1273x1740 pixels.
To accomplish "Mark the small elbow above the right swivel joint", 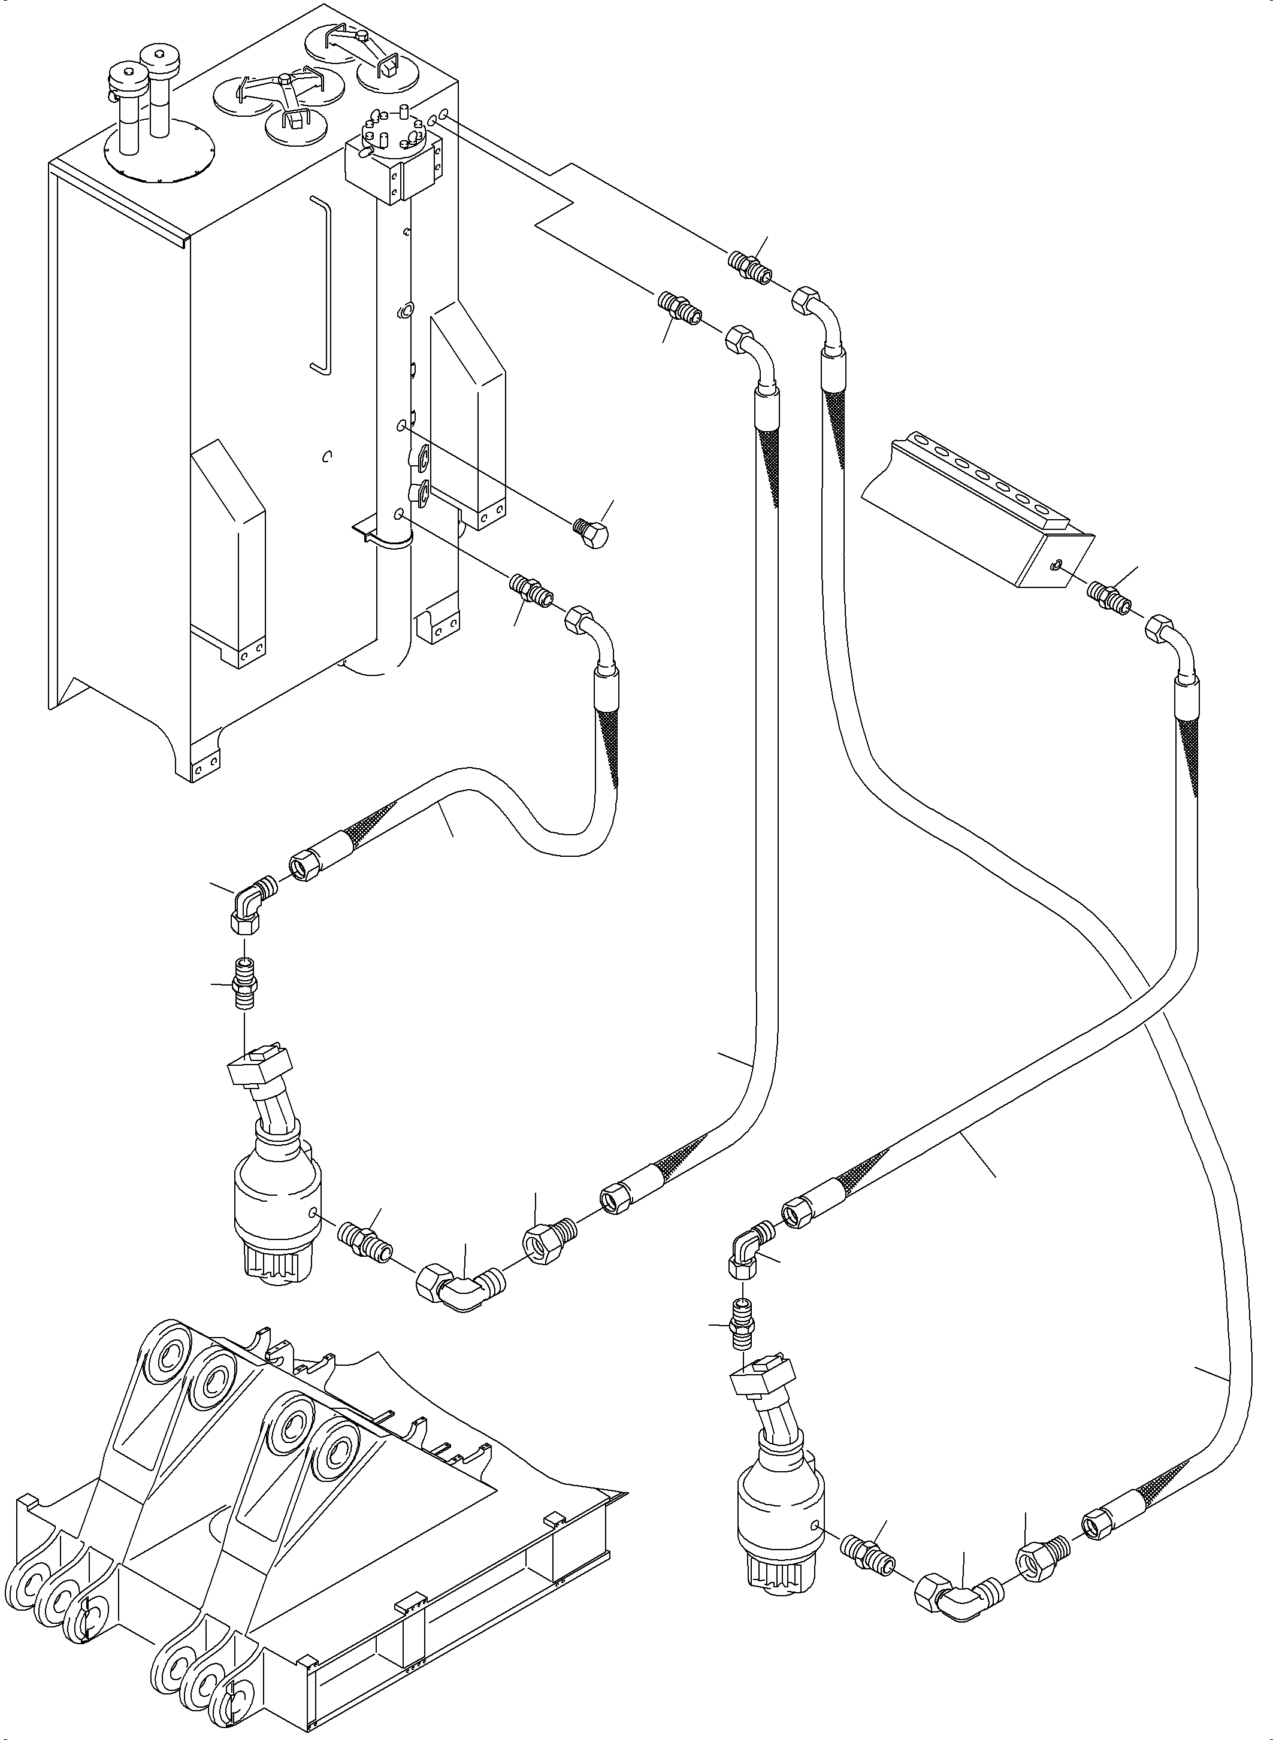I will [x=748, y=1250].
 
